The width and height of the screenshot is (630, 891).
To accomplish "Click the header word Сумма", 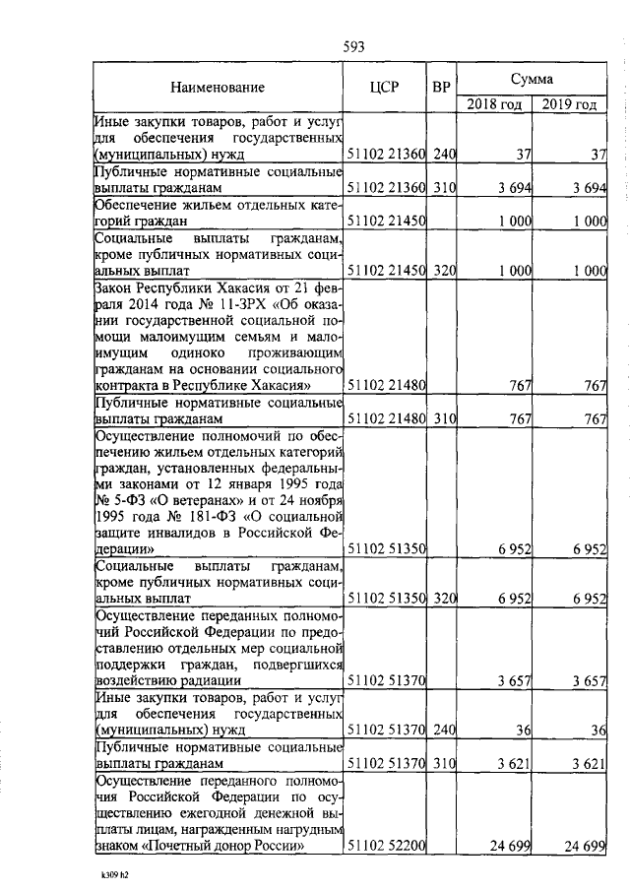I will coord(531,77).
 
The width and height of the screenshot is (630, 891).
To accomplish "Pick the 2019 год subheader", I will coord(571,103).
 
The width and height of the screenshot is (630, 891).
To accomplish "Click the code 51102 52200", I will coord(385,846).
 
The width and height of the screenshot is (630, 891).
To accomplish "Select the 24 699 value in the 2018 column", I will coord(511,846).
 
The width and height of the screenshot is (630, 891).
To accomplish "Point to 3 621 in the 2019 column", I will coord(590,762).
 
